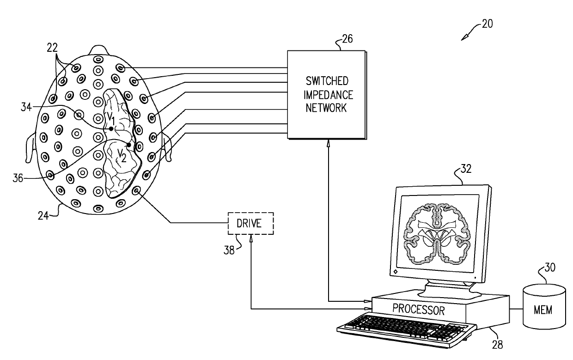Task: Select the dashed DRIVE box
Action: pos(250,224)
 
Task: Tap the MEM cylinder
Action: pos(544,309)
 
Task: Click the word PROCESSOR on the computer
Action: pos(419,309)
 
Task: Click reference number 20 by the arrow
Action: pos(486,24)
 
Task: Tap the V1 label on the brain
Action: pos(111,119)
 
